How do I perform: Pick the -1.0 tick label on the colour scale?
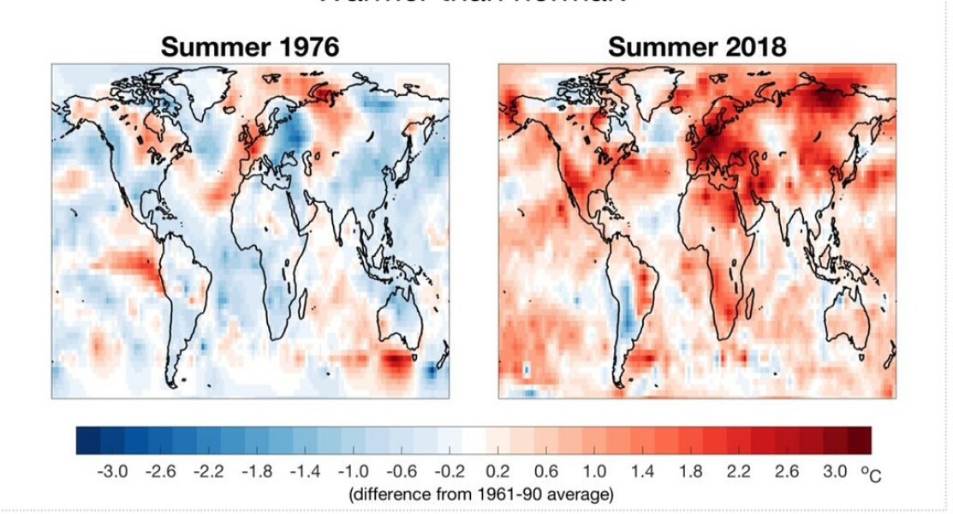tap(354, 472)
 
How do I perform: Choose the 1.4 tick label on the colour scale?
tap(642, 472)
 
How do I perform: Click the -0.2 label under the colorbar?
tap(450, 472)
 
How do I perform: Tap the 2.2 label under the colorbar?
tap(738, 472)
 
